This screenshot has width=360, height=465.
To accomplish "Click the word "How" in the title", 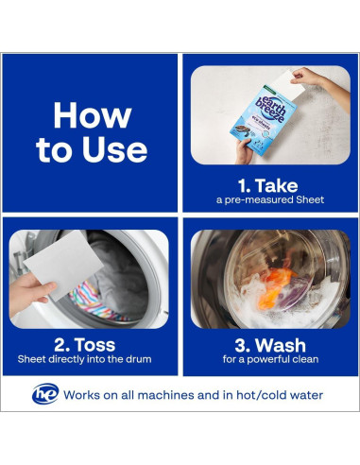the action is (x=93, y=115).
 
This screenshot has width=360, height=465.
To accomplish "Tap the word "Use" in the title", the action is (x=115, y=149).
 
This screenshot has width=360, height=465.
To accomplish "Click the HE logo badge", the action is (x=45, y=394).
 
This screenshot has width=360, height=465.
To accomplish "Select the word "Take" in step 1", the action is (x=276, y=185).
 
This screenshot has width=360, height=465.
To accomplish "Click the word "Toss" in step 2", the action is (x=95, y=345).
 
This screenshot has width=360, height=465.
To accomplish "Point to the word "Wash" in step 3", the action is (x=281, y=345).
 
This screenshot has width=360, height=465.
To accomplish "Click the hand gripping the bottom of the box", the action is (x=246, y=152).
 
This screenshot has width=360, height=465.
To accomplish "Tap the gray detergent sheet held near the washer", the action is (x=63, y=264).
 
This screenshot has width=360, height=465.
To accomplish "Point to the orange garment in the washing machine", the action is (x=276, y=288).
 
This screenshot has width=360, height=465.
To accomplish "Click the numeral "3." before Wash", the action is (x=243, y=345).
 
